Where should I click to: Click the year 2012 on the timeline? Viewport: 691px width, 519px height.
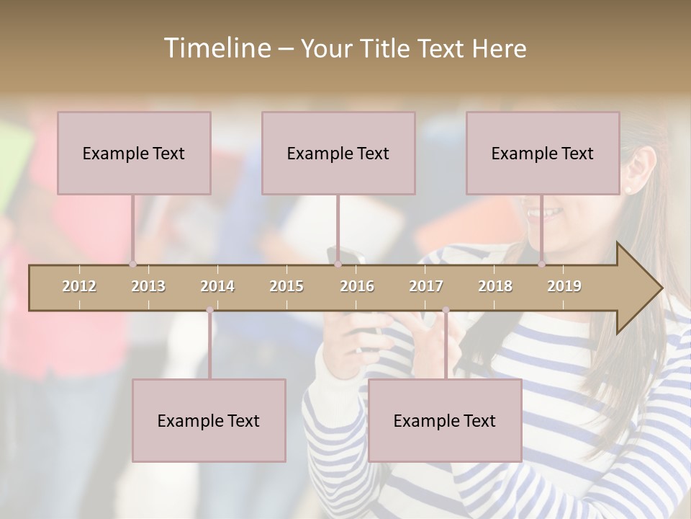79,286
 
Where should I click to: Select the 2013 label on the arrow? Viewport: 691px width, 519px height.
148,286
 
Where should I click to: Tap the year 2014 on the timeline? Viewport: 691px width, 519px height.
217,286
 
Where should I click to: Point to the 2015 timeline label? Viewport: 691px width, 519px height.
286,286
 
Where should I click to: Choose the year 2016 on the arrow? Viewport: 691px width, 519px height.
357,286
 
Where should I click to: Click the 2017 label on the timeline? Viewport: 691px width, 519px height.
426,286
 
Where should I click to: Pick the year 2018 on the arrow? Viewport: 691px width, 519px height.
495,286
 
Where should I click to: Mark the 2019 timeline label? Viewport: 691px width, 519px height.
564,286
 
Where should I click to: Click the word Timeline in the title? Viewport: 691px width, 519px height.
217,48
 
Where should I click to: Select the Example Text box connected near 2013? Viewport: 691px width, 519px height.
134,153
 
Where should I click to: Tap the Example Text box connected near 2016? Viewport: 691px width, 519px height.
338,153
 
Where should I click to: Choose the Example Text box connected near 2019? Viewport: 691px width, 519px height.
543,153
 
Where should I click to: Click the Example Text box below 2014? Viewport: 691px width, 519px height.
209,420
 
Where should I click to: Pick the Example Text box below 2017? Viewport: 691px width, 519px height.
445,420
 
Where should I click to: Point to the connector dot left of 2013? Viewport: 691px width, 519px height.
132,265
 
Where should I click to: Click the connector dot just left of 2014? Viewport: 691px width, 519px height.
209,310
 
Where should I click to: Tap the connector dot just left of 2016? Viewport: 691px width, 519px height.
338,265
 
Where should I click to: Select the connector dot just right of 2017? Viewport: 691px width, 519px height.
446,310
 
